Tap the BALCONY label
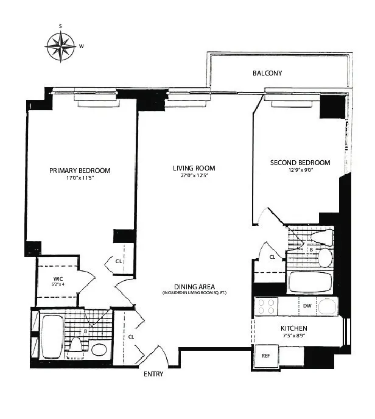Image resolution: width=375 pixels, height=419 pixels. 268,74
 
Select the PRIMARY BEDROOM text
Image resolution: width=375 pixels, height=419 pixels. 80,171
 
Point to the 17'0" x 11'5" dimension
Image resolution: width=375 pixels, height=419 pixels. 80,179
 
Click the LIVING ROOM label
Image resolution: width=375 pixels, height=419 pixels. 194,168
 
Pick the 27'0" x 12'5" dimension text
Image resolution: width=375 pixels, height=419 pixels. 194,177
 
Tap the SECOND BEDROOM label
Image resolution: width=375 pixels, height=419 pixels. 300,163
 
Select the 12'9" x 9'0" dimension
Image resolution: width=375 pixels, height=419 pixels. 300,171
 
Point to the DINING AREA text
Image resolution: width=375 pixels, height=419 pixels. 194,286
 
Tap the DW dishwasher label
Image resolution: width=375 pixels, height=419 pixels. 307,306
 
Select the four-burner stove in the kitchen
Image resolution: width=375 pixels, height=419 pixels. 266,306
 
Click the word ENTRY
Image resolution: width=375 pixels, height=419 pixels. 153,374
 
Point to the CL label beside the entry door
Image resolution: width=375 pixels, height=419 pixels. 131,336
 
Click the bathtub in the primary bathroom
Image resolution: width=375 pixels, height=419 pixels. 52,337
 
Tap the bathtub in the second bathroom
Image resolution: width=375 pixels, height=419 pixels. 309,282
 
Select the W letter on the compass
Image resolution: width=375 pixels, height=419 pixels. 82,45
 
